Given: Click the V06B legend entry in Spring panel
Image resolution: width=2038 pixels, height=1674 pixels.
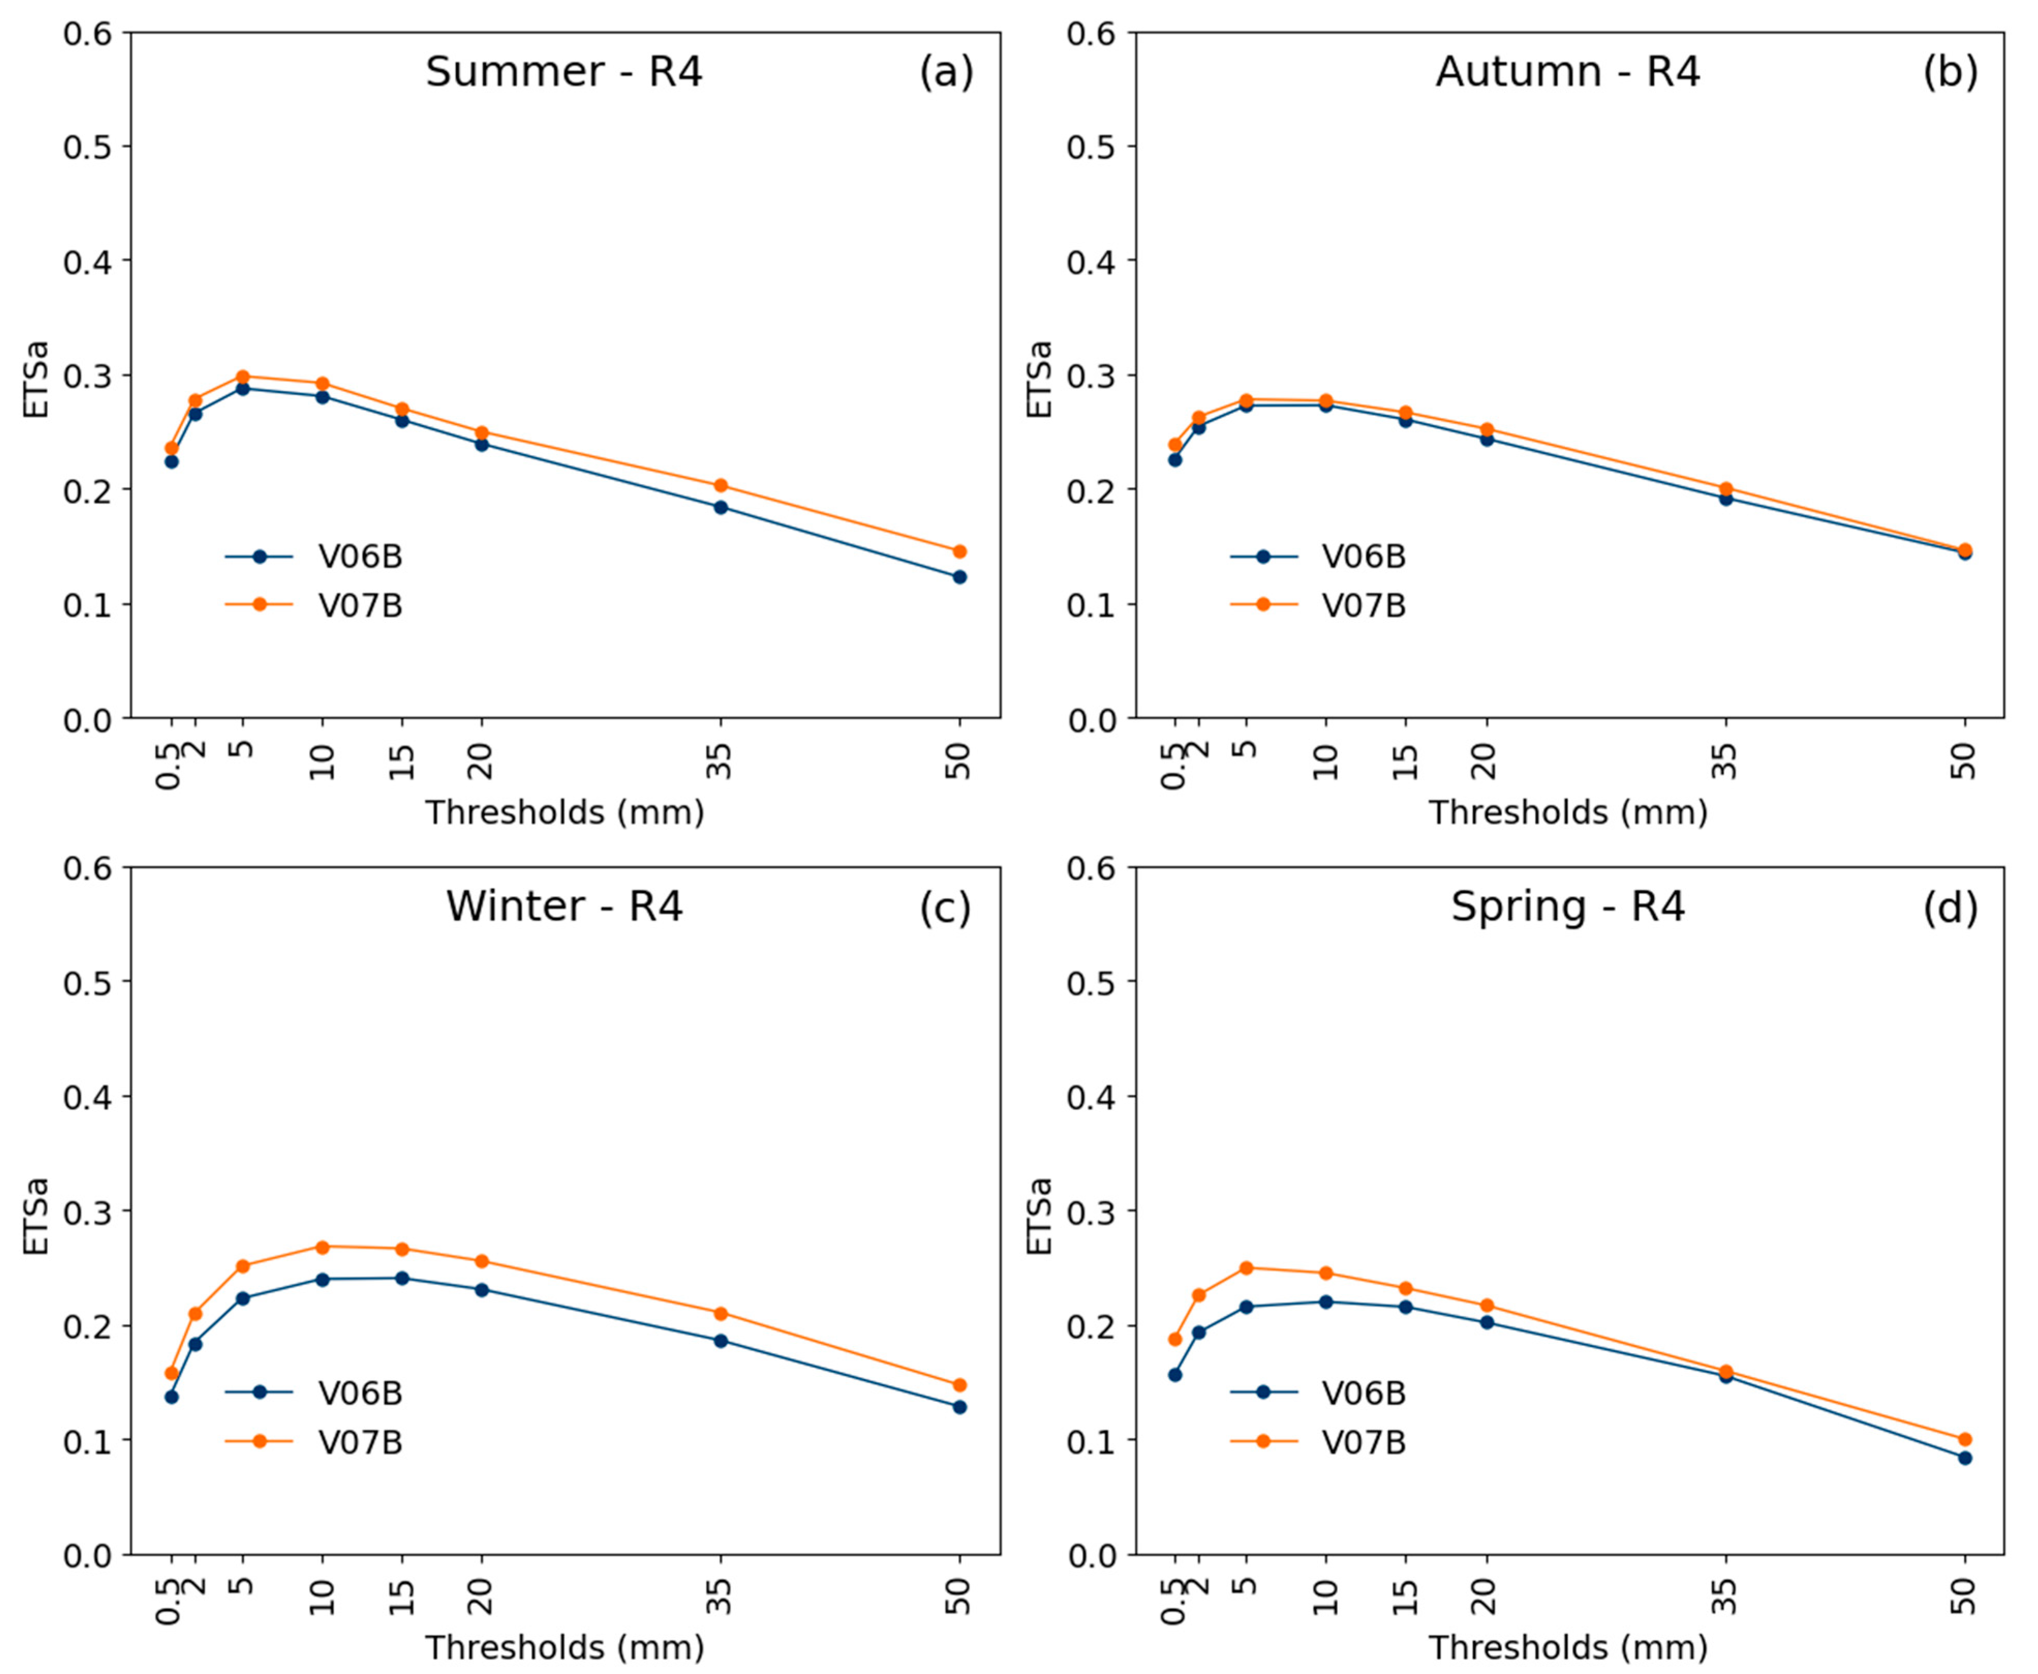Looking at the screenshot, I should [x=1363, y=1393].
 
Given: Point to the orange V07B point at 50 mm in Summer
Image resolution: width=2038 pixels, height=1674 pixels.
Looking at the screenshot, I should [x=959, y=552].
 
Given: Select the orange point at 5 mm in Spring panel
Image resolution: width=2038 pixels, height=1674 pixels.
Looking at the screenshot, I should [x=1246, y=1268].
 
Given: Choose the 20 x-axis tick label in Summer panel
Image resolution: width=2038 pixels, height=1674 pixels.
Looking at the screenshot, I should [x=481, y=762].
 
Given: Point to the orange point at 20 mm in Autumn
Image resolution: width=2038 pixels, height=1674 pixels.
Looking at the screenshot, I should [x=1486, y=429].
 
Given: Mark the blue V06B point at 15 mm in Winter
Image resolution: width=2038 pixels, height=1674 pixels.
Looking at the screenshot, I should [x=402, y=1279].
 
